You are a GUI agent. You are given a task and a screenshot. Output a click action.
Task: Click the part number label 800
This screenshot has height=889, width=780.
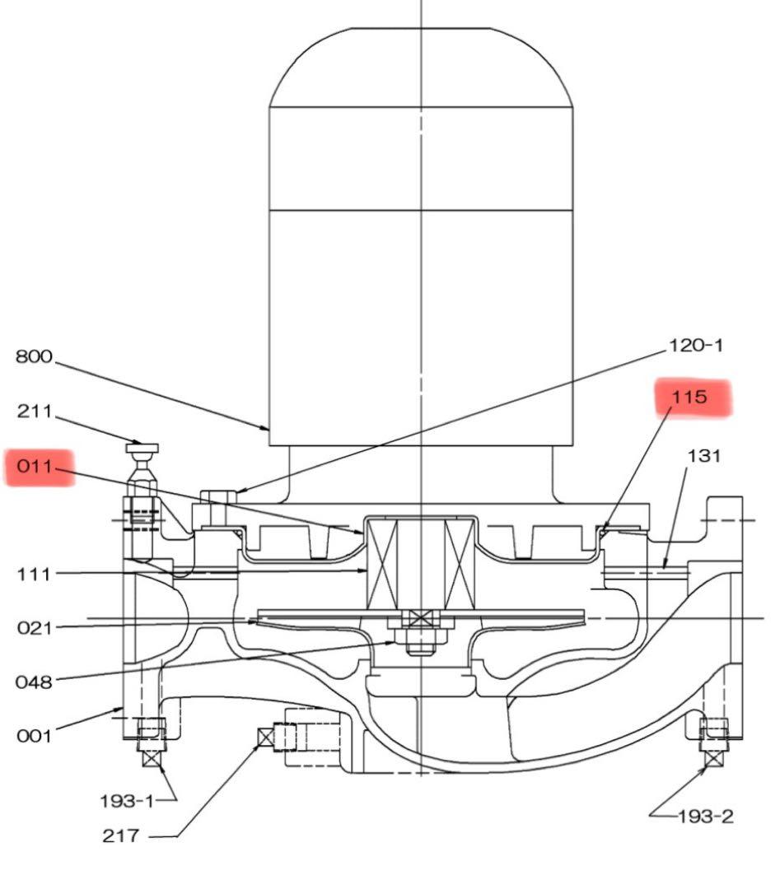click(x=34, y=357)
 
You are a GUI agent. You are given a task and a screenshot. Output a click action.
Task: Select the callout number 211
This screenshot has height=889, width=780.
click(x=34, y=411)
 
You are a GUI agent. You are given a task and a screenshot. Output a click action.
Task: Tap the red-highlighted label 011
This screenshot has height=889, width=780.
click(x=35, y=468)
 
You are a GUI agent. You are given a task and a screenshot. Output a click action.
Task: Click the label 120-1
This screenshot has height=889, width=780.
click(x=697, y=345)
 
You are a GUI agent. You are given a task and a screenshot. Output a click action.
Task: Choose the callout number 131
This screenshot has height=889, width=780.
click(x=703, y=456)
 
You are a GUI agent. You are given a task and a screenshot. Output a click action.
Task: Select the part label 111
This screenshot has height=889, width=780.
click(x=34, y=575)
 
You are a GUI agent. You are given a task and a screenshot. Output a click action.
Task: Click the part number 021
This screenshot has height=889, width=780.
click(x=34, y=628)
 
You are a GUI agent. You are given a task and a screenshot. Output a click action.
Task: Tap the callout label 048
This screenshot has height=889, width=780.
click(x=34, y=682)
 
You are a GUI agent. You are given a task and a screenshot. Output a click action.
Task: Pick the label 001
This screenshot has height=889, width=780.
click(x=34, y=736)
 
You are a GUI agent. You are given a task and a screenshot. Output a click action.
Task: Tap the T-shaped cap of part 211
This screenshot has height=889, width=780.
click(x=142, y=449)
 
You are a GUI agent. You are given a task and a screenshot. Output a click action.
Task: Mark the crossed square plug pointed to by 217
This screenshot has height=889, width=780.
click(x=266, y=738)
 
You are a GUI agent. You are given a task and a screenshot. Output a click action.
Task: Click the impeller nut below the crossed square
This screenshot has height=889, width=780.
click(x=420, y=640)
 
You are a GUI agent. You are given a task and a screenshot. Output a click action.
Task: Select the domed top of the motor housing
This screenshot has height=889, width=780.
click(x=421, y=66)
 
